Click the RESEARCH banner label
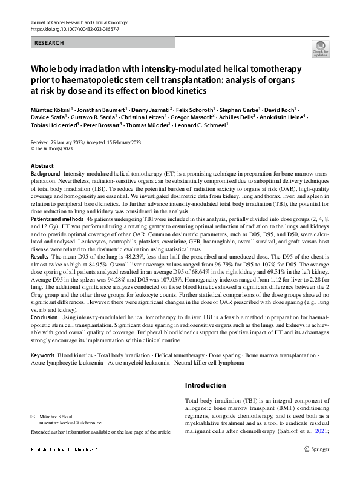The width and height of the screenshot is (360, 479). point(49,43)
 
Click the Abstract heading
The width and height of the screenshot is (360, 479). point(42,166)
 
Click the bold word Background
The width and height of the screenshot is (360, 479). point(45,174)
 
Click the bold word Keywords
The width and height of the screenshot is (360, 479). point(43,355)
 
